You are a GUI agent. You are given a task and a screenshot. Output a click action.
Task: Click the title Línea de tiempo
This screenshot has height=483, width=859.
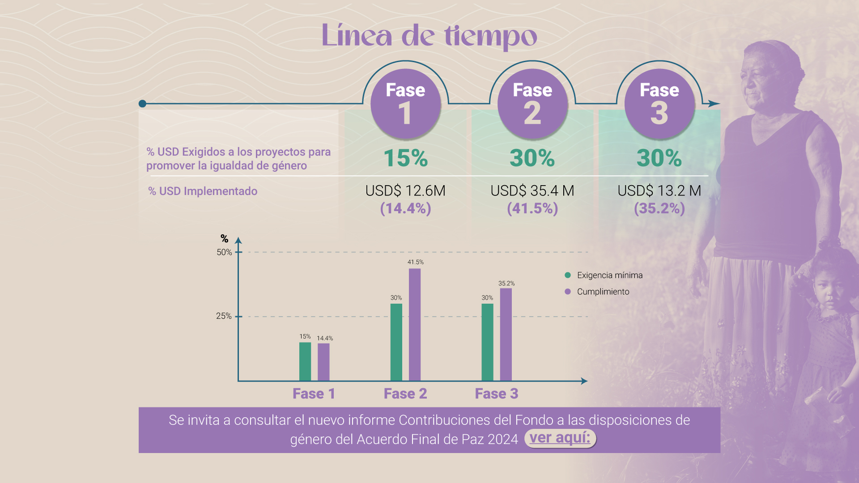tap(429, 36)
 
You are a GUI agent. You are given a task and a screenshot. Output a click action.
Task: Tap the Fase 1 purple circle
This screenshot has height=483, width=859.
tap(405, 104)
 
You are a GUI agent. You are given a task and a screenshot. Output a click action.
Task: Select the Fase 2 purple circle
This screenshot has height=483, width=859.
tap(532, 104)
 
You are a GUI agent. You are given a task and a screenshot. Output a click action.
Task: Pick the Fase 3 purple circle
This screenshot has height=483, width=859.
tap(659, 104)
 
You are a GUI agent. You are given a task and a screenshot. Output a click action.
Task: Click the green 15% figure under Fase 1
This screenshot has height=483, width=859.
tap(405, 158)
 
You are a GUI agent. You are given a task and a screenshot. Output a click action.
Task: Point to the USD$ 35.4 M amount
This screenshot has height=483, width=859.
tap(532, 191)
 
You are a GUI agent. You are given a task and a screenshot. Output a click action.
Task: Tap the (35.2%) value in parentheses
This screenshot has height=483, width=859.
tap(659, 208)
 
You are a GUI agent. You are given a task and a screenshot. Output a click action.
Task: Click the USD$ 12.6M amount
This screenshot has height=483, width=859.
tap(405, 191)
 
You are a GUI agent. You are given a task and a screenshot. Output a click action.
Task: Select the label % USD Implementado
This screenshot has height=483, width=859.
tap(203, 191)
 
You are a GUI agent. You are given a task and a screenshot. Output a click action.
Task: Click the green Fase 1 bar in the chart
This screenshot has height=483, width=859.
tap(305, 361)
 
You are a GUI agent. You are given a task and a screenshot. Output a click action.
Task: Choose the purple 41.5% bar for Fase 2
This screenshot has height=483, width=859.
tap(415, 325)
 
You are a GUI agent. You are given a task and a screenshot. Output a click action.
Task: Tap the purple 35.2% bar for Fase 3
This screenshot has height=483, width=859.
tap(506, 335)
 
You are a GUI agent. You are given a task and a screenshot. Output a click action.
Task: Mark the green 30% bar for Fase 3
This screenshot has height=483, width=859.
tap(487, 342)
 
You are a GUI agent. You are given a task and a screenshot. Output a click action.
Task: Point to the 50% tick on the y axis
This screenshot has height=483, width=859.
tap(224, 252)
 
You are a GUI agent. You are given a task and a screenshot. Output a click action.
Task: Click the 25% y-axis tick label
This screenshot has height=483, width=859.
tap(224, 316)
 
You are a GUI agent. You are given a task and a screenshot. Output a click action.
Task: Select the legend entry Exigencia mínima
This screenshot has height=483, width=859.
tap(609, 275)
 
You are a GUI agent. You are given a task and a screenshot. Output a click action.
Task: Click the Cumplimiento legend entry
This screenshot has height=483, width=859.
tap(603, 292)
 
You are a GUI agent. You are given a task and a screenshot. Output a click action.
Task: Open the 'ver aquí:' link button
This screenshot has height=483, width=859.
tap(560, 438)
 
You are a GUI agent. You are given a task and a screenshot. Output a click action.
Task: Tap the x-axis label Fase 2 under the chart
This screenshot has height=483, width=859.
tap(405, 394)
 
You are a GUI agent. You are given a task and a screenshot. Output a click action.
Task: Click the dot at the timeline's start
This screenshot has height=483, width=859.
tap(143, 104)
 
